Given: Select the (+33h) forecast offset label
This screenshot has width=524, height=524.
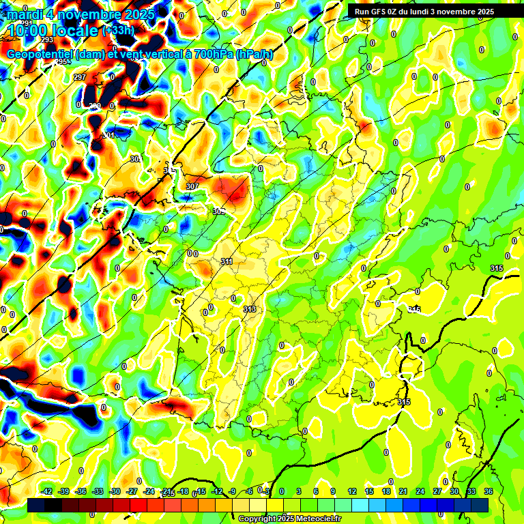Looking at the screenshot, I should (118, 31).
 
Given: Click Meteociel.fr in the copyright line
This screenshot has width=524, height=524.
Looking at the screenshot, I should (314, 519).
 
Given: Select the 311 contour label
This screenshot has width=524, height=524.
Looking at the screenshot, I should (227, 261).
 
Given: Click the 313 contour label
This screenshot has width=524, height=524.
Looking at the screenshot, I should (250, 309).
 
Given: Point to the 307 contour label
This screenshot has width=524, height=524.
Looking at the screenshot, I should (192, 186).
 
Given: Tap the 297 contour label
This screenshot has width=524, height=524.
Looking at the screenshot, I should (80, 77).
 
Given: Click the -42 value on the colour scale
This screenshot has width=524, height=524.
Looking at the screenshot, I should (46, 491).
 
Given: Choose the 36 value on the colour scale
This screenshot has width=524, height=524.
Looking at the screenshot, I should (489, 491).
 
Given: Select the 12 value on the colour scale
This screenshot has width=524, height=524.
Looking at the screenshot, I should (352, 491).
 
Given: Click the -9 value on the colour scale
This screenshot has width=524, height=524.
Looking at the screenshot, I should (233, 491).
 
